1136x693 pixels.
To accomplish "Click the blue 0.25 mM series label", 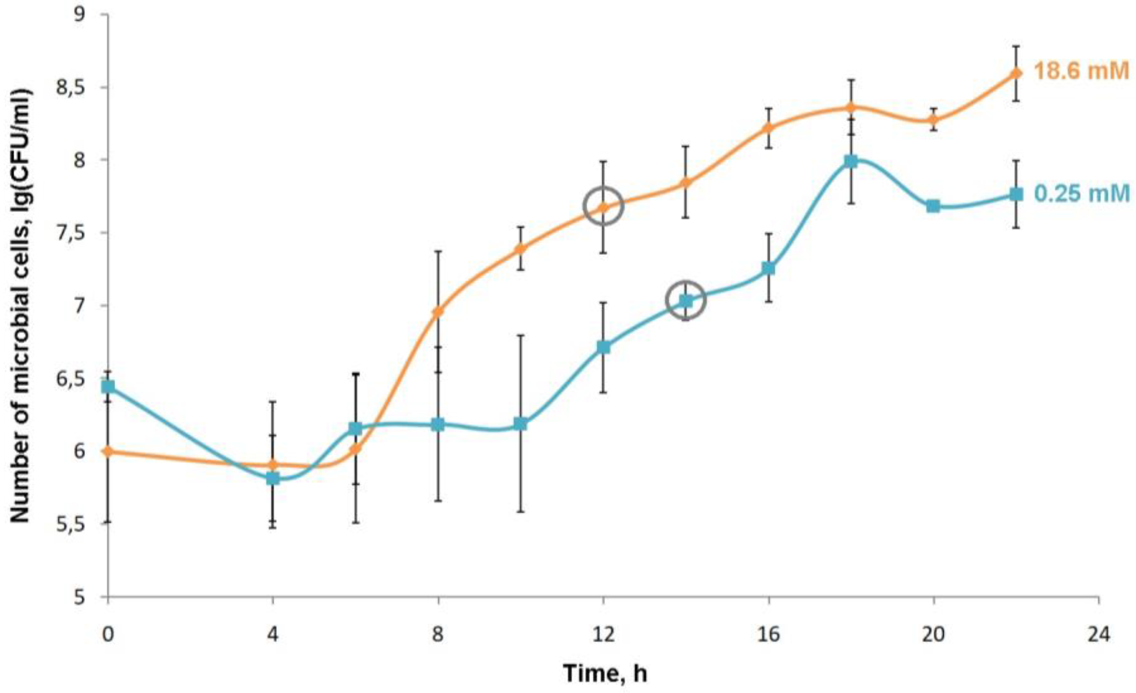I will pos(1082,193).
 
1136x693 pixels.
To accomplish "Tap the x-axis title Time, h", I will pos(605,674).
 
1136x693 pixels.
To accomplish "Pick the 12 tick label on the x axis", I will pos(603,635).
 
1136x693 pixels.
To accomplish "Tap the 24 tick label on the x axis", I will pos(1099,635).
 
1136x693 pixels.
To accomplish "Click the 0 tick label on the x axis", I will pos(108,635).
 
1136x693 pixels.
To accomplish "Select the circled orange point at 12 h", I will pos(603,207).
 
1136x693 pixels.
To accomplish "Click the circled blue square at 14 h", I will pos(686,301).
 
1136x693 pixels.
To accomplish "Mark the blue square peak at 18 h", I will pos(851,161).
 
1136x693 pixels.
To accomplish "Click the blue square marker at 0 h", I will pos(108,387).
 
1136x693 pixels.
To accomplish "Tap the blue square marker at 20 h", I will pos(934,206).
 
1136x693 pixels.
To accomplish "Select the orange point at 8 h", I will pos(439,311).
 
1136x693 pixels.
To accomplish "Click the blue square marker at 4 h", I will pos(273,479).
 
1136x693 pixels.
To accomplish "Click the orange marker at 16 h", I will pos(768,128).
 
